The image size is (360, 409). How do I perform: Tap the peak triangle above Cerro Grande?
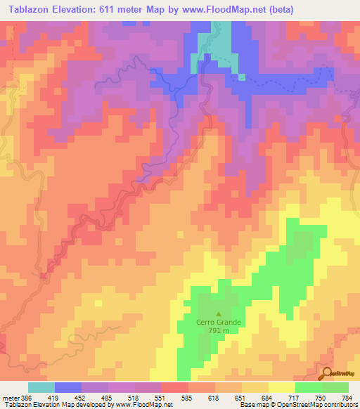coord(219,314)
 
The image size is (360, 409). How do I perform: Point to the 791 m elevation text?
coord(219,331)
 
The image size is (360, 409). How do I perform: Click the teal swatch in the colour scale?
coord(41,388)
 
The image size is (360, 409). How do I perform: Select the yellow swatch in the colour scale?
coord(281,388)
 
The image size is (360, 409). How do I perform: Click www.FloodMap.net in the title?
coord(210,9)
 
